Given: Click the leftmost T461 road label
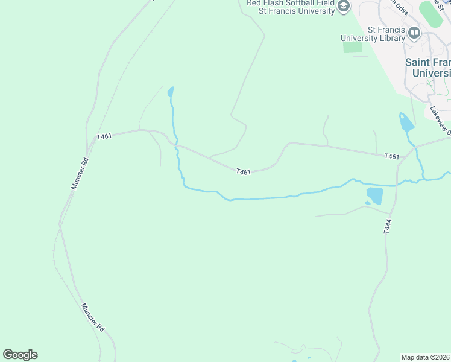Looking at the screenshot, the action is pyautogui.click(x=104, y=136).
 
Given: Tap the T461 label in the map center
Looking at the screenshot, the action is pyautogui.click(x=243, y=172).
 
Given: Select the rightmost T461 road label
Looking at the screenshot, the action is pyautogui.click(x=392, y=157).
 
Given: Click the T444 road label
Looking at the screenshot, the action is pyautogui.click(x=387, y=226).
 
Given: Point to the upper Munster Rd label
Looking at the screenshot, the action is pyautogui.click(x=80, y=174).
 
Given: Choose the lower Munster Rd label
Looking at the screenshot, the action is pyautogui.click(x=93, y=317).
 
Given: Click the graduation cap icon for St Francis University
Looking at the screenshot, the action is pyautogui.click(x=344, y=7).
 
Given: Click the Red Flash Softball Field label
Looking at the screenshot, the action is pyautogui.click(x=291, y=3).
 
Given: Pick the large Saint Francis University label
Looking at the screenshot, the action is pyautogui.click(x=427, y=68).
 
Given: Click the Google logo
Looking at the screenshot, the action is pyautogui.click(x=20, y=355).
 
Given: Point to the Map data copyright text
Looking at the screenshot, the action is pyautogui.click(x=426, y=357).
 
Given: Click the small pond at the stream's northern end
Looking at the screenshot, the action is pyautogui.click(x=171, y=92).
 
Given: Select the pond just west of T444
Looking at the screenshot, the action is pyautogui.click(x=374, y=195).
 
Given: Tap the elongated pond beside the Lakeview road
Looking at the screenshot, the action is pyautogui.click(x=406, y=122).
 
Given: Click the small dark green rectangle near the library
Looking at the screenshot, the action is pyautogui.click(x=352, y=48).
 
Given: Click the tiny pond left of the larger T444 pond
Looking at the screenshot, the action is pyautogui.click(x=368, y=203).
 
